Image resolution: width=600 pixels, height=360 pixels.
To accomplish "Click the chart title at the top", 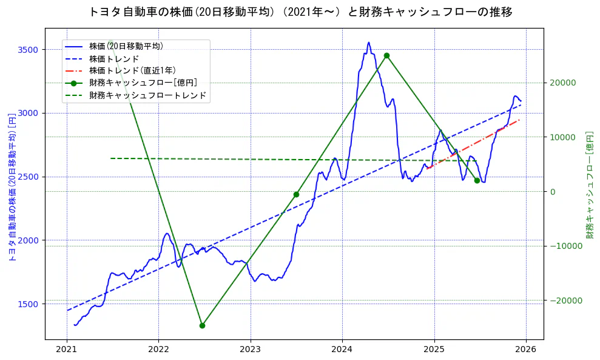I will click(300, 12).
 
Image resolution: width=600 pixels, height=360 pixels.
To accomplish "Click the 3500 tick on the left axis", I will click(29, 50).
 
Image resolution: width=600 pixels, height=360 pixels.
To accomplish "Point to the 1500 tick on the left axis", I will click(29, 304).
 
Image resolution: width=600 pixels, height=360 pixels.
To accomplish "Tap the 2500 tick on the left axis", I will click(29, 177).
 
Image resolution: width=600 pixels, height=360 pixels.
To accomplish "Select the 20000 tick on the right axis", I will click(562, 83).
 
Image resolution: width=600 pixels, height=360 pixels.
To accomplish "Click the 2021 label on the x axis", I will click(67, 350).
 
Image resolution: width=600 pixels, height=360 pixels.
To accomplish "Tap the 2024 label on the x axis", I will click(342, 350).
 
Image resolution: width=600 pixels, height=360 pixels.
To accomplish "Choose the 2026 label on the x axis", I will click(526, 350).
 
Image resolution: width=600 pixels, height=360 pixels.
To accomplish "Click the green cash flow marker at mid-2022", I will click(202, 325).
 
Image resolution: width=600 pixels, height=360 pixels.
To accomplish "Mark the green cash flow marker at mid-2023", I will click(296, 194).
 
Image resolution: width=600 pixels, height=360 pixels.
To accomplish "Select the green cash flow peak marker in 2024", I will click(386, 55).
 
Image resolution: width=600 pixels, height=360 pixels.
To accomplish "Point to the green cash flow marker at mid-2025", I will click(477, 180).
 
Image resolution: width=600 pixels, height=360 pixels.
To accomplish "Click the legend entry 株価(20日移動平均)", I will click(126, 46).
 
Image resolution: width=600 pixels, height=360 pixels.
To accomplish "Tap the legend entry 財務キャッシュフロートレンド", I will click(147, 95).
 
